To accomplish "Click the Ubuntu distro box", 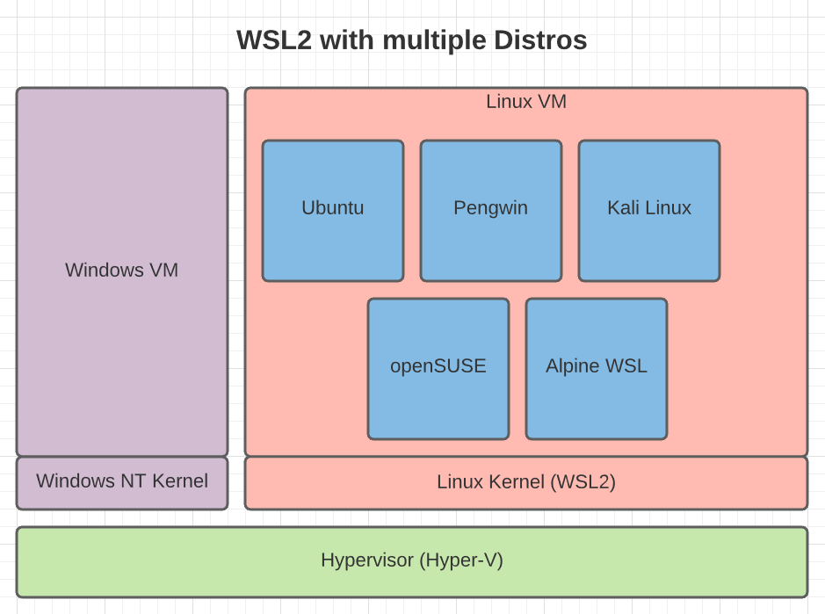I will [333, 211].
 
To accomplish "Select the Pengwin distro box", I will [490, 211].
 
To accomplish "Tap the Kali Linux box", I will [648, 211].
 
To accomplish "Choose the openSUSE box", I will [438, 369].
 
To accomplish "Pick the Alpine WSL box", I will [596, 369].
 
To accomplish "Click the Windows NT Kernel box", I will [122, 482].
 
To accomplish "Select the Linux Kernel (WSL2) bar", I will [525, 482].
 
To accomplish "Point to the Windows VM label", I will [122, 271].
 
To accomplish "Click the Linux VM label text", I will [525, 102].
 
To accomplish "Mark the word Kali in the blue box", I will [621, 208].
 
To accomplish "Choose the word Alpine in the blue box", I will [572, 366].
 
